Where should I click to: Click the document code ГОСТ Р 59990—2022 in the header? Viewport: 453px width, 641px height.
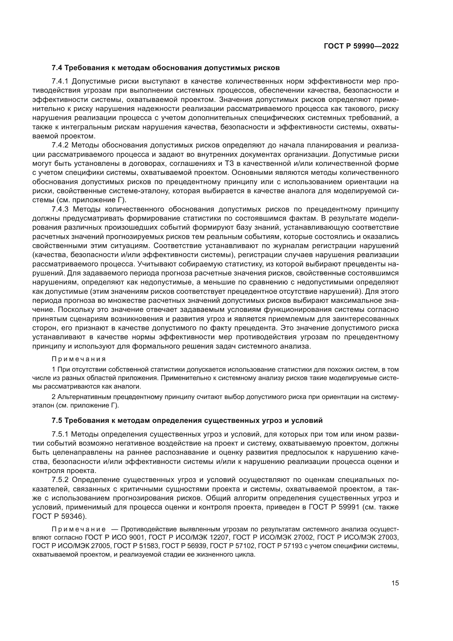pos(361,46)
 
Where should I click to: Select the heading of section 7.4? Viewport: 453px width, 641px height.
pos(165,68)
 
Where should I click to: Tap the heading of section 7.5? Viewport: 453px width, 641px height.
pos(187,420)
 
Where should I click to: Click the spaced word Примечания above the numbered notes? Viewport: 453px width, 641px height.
pos(79,359)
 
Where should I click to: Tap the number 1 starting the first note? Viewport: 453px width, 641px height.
pos(54,370)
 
